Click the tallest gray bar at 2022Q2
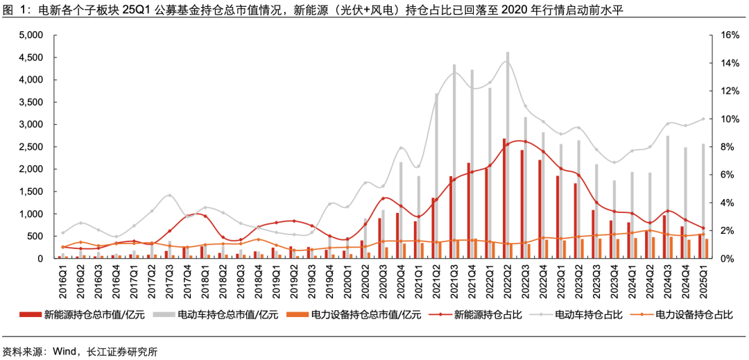pyautogui.click(x=508, y=156)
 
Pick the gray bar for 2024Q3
pyautogui.click(x=668, y=197)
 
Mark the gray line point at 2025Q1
pyautogui.click(x=703, y=119)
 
